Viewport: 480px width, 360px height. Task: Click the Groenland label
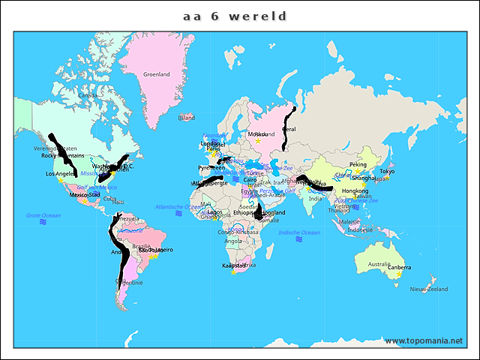157,74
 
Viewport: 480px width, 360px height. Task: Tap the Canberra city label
399,267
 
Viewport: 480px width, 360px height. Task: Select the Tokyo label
387,171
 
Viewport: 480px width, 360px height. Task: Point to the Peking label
358,164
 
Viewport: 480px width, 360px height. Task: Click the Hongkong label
355,190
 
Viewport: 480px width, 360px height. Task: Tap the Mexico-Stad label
85,194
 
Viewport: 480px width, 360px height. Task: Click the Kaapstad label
234,265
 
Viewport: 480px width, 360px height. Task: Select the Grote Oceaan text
43,215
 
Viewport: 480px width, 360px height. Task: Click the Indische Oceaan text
299,232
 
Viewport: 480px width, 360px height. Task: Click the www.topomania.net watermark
424,340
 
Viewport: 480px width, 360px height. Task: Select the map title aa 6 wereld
235,16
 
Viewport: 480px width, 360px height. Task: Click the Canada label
88,95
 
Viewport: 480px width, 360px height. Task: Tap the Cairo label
250,180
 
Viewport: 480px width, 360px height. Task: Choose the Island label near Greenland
186,118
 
